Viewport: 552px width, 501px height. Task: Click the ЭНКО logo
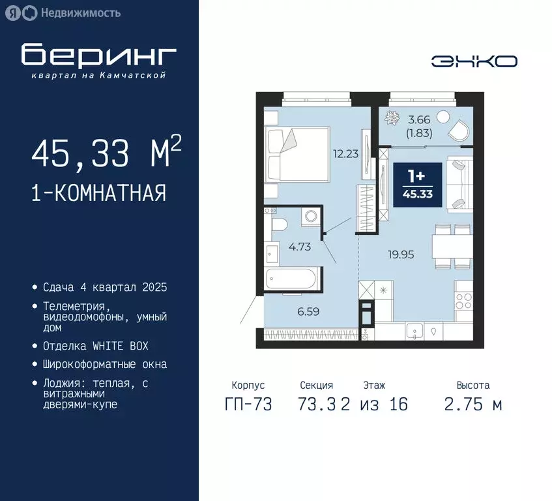pos(474,61)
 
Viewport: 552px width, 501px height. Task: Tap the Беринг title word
pos(98,56)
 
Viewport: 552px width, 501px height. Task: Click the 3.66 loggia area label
pos(418,119)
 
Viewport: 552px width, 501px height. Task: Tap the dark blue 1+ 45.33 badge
pos(418,185)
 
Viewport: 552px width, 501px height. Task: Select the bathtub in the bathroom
pos(293,279)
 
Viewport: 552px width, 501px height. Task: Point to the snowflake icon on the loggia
pos(392,118)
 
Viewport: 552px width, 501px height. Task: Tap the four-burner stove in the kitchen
pos(463,301)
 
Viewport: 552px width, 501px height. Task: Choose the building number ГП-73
pos(248,404)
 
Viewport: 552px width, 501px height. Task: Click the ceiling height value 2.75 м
pos(473,404)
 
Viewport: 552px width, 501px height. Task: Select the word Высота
pos(473,386)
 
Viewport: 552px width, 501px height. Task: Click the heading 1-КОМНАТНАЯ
pos(98,193)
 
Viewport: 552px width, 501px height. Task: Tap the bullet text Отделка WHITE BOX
pos(95,346)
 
